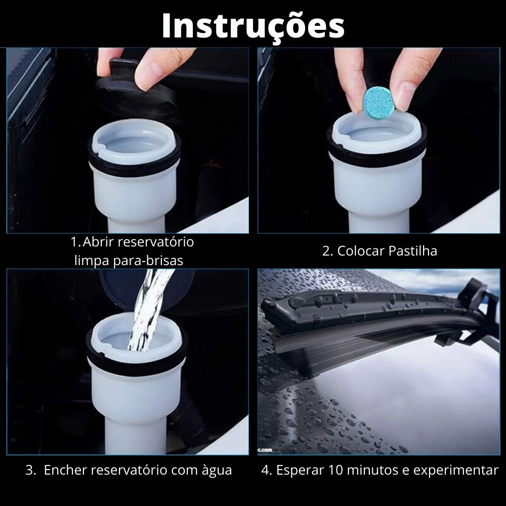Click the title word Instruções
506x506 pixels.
pos(254,26)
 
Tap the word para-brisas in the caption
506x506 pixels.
pos(148,261)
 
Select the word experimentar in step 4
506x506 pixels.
pos(456,471)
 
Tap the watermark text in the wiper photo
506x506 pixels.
pos(265,450)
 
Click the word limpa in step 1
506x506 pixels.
pos(92,261)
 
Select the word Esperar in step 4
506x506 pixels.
pos(300,471)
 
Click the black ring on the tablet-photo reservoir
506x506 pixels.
pos(376,155)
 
